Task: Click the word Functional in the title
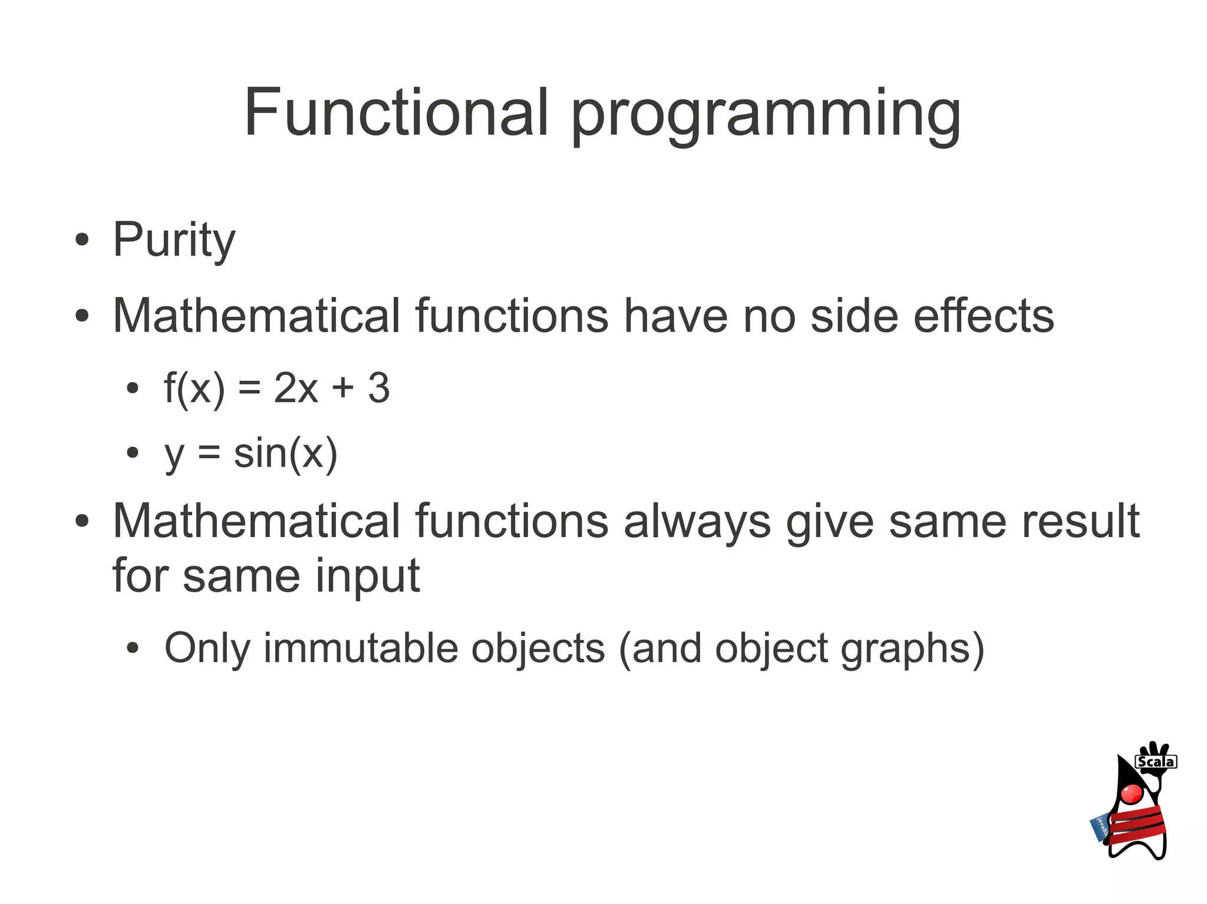tap(396, 112)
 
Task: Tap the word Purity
tap(174, 240)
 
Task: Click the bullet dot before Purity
tap(82, 240)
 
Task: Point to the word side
tap(854, 316)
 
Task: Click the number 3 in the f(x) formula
tap(378, 388)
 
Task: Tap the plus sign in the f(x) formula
tap(342, 389)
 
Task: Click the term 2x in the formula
tap(296, 388)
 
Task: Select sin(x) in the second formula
tap(285, 453)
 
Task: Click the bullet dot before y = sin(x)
tap(133, 453)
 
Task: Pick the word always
tap(697, 522)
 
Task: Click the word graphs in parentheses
tap(912, 650)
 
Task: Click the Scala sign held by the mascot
tap(1156, 761)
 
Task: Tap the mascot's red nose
tap(1132, 793)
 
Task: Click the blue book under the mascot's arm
tap(1099, 827)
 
